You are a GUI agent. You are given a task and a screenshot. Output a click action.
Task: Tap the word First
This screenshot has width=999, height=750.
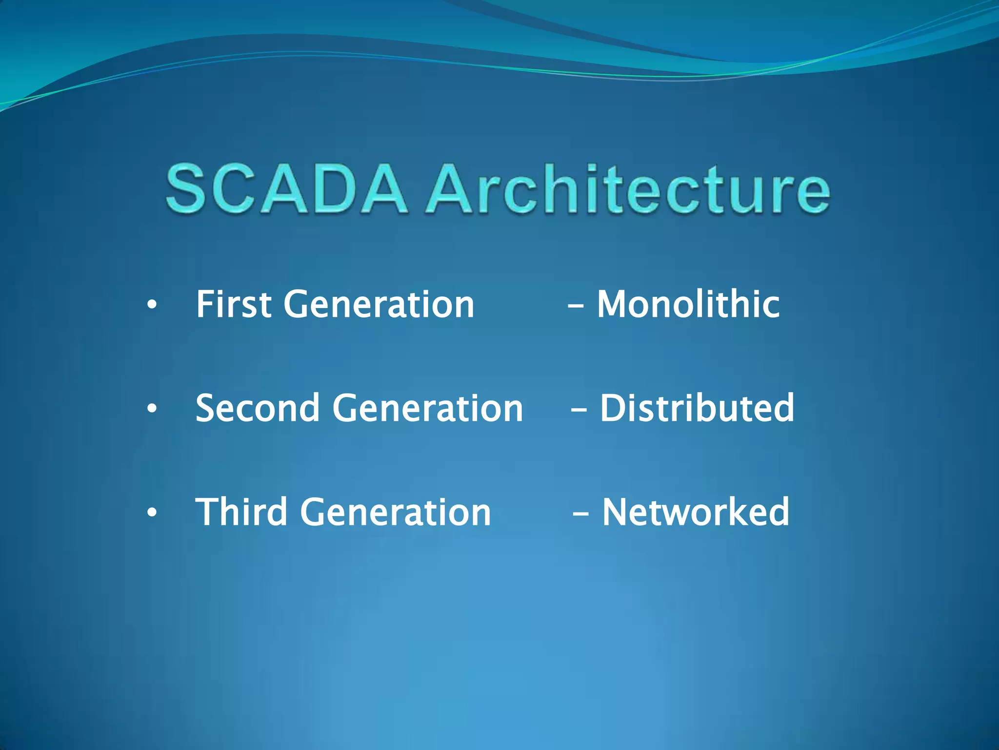pos(233,304)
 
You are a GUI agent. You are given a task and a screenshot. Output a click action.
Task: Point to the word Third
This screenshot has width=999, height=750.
pos(241,512)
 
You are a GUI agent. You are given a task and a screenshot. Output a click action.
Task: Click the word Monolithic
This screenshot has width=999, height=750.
pos(688,304)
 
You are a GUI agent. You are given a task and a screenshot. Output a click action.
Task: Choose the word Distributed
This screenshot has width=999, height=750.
pos(697,408)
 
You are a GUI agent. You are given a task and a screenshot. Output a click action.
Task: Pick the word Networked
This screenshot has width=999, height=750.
pos(695,512)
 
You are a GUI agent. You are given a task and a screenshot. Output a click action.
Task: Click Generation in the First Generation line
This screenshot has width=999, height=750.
pos(379,305)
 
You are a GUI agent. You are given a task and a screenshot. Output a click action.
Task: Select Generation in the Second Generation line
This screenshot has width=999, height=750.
pos(428,409)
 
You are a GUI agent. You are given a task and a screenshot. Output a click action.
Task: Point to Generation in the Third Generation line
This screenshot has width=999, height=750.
pos(395,513)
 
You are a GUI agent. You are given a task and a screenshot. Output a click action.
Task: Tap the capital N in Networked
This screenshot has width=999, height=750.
pos(617,512)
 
